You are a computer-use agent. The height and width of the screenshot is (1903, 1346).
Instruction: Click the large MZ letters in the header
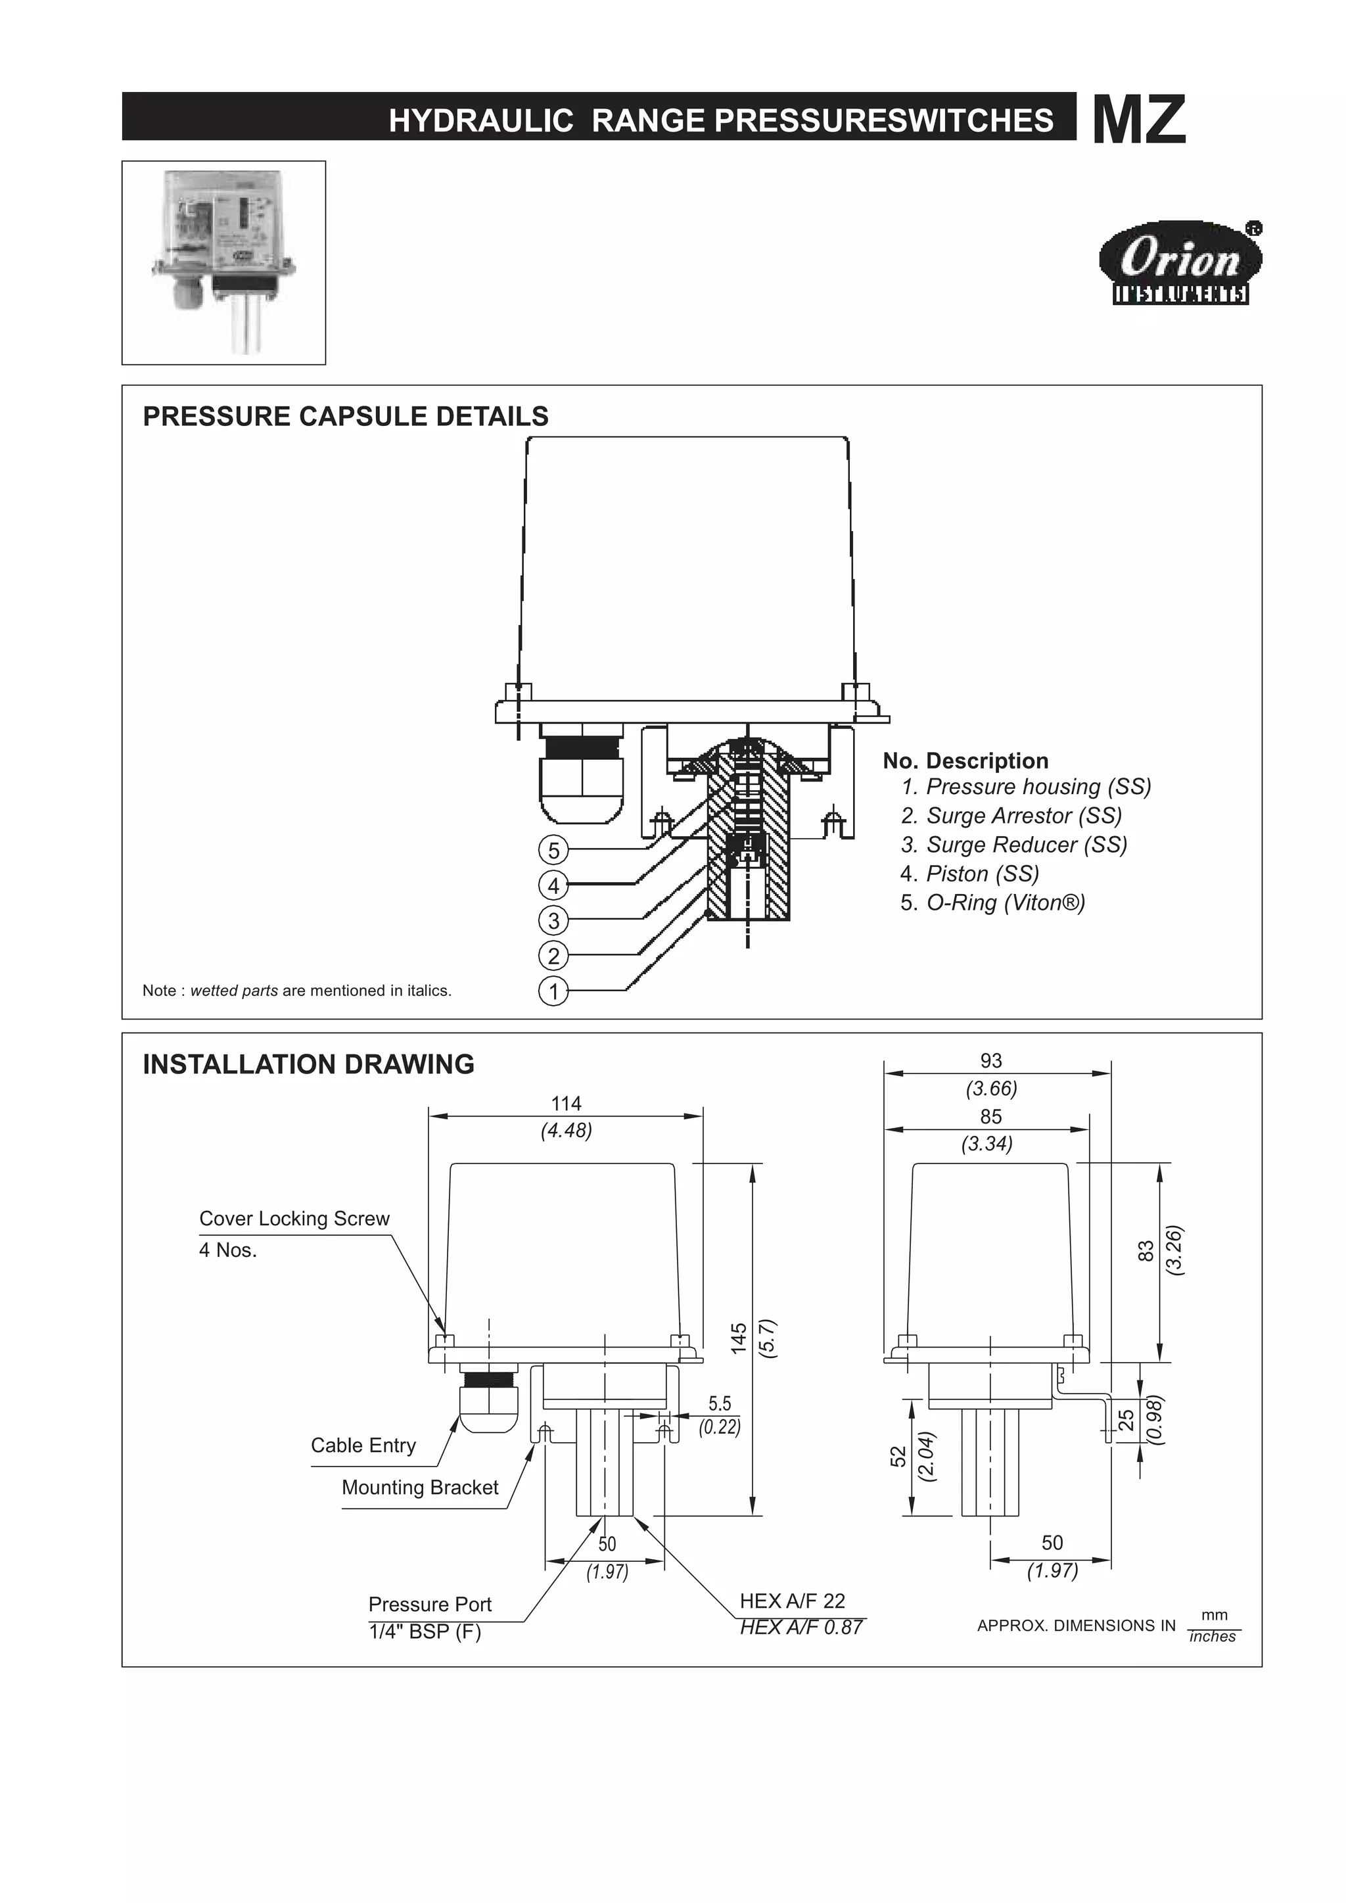(1139, 120)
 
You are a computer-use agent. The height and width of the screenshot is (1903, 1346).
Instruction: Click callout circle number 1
(553, 991)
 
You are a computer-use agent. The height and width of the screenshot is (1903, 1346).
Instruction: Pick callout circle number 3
(553, 921)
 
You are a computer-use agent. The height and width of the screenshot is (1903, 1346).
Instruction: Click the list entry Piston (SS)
(969, 874)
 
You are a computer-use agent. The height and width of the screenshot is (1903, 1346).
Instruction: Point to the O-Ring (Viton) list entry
(992, 903)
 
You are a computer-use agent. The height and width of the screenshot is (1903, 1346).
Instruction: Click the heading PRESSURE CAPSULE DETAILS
(346, 416)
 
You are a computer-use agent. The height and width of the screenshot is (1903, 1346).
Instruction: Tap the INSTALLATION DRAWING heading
(308, 1064)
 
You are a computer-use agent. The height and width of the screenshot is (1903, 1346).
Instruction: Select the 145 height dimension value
(739, 1338)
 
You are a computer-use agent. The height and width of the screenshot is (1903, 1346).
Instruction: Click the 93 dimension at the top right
(990, 1061)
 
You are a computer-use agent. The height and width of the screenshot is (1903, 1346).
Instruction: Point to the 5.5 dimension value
(720, 1403)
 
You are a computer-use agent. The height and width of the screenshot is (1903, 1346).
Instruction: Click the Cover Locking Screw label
(294, 1219)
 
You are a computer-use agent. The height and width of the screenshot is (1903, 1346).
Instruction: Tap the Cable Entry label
(363, 1445)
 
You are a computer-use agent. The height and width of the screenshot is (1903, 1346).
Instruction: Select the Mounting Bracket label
(419, 1488)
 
